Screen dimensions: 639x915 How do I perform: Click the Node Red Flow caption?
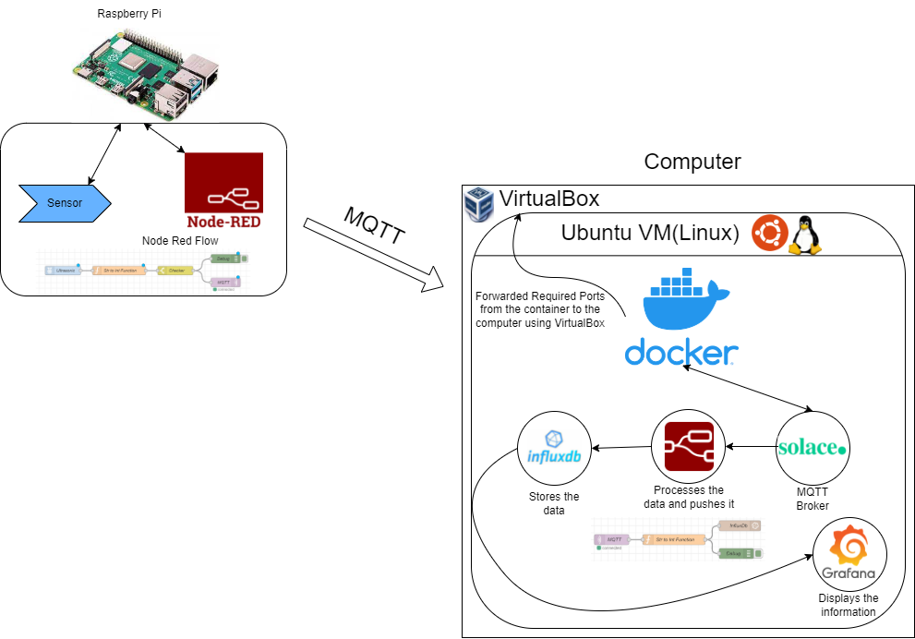[x=180, y=241]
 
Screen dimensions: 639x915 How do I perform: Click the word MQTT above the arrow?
[x=373, y=224]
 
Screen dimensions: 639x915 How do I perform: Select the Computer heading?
[x=692, y=162]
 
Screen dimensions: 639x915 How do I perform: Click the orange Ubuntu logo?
[x=768, y=233]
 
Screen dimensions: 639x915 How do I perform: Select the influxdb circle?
[x=553, y=449]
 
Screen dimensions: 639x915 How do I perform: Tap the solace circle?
[x=812, y=448]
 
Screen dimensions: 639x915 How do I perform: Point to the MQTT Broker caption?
[x=813, y=499]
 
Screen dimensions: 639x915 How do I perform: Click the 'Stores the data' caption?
[x=553, y=503]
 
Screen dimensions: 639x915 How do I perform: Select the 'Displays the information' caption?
[x=848, y=605]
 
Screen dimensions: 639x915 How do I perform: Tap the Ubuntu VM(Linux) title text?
[x=650, y=234]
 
